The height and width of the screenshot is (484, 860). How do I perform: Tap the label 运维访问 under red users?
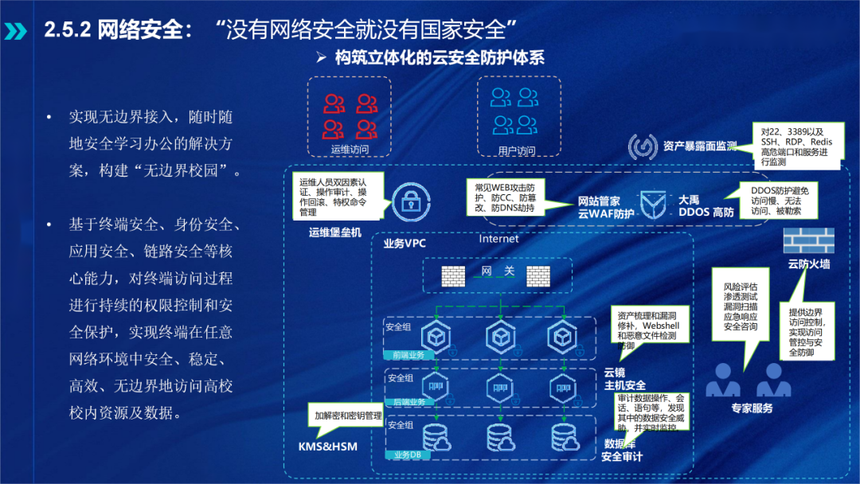tap(350, 149)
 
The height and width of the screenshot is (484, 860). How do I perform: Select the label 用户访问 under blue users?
tap(516, 150)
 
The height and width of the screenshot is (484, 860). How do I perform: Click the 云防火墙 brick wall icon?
tap(808, 240)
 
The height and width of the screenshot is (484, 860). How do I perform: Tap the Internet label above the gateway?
tap(498, 239)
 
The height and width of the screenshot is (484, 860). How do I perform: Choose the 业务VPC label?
tap(405, 244)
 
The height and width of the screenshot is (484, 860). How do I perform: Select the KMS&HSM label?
tap(329, 446)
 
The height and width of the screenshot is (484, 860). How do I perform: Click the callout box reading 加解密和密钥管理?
tap(347, 416)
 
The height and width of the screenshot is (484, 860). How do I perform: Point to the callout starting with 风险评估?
tap(741, 306)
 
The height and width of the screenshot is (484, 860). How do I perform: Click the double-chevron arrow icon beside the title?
tap(16, 31)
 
